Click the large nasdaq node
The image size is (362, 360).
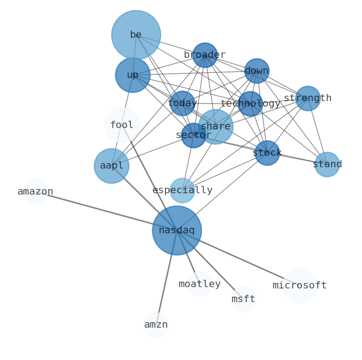click(x=177, y=231)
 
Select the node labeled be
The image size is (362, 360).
click(x=136, y=35)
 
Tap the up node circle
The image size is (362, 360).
click(x=133, y=75)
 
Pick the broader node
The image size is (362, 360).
click(x=205, y=55)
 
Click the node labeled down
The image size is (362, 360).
click(x=257, y=71)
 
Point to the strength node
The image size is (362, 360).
click(x=308, y=98)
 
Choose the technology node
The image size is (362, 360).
click(x=250, y=104)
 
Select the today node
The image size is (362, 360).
click(x=182, y=103)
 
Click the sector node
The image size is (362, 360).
click(x=194, y=135)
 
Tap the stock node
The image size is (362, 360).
click(x=267, y=153)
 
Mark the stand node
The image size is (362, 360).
click(x=327, y=165)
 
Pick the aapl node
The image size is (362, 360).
click(x=112, y=166)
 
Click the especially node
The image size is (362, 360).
click(x=182, y=190)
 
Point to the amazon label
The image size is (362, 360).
click(x=35, y=192)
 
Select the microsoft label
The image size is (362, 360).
click(x=300, y=286)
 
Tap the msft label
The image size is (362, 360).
click(x=243, y=299)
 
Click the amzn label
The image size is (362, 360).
click(x=156, y=325)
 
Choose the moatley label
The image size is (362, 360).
click(x=200, y=284)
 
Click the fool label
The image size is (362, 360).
click(x=122, y=125)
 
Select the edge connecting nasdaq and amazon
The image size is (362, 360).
click(x=105, y=211)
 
